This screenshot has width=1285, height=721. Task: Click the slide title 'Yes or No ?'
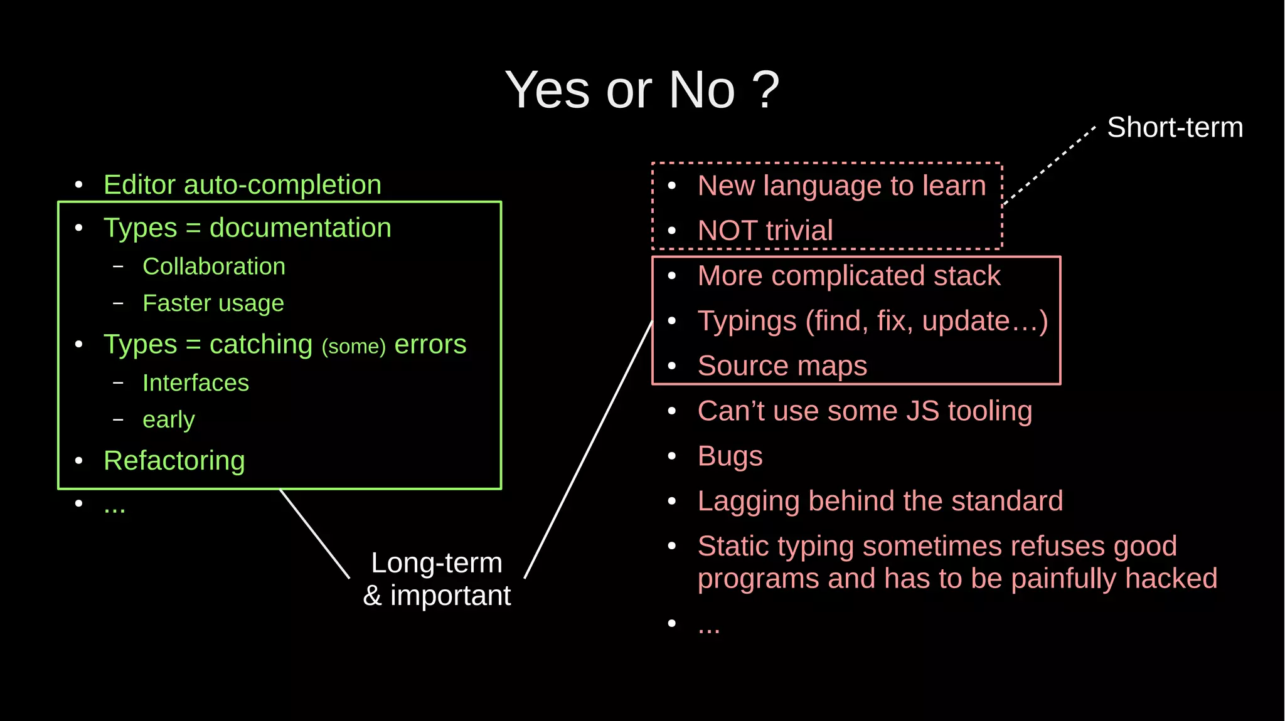click(642, 90)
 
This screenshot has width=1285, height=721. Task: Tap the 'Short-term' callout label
click(1175, 127)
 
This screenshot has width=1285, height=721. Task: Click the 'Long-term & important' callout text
click(437, 579)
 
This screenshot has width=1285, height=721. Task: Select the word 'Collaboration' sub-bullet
click(214, 266)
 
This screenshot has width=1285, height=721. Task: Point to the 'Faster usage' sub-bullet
click(213, 303)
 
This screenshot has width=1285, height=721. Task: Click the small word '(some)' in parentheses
click(353, 346)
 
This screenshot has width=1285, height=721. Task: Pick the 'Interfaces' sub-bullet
click(196, 382)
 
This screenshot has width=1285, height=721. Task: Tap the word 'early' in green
click(168, 419)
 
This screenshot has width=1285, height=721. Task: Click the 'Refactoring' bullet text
click(174, 461)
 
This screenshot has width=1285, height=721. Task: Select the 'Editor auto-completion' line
click(242, 185)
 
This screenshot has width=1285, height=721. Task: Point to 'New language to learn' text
click(841, 186)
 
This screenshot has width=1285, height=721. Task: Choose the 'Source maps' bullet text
click(782, 366)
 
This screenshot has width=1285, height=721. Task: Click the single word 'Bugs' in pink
click(730, 456)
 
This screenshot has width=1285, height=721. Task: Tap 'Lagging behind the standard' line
click(880, 501)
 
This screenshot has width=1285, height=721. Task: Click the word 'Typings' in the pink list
click(747, 321)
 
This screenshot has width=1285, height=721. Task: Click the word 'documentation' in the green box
click(300, 228)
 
